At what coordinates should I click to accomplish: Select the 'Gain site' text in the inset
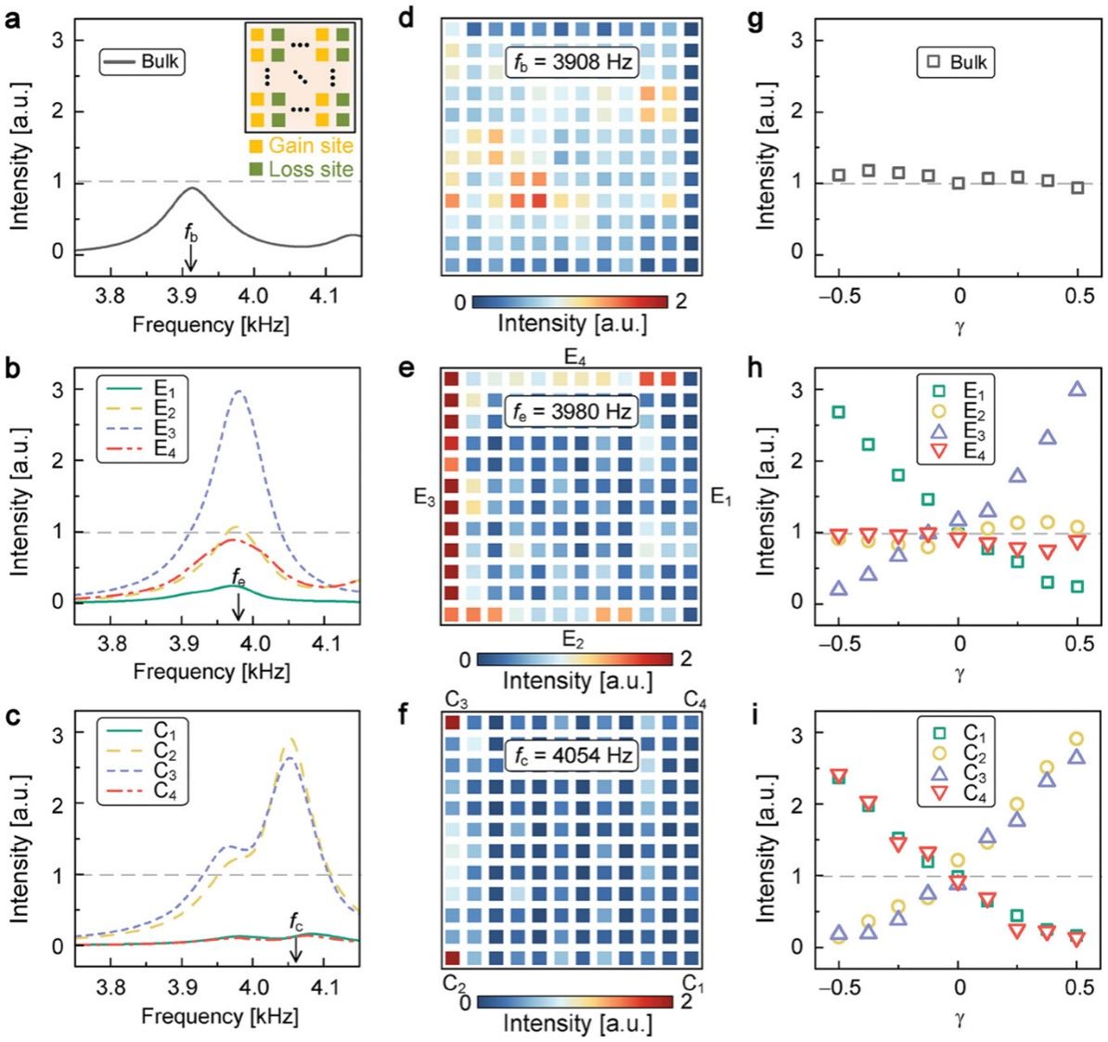[310, 146]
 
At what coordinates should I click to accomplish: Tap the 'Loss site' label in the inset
[310, 170]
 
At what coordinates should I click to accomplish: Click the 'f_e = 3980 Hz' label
[571, 410]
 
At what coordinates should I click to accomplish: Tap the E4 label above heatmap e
[573, 355]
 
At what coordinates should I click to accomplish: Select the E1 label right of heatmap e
[721, 497]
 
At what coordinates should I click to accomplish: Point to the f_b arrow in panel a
[190, 261]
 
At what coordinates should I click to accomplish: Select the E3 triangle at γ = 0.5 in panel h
[1076, 390]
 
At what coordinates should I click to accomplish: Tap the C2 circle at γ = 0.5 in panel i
[1076, 739]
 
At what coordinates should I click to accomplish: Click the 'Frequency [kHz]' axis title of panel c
[220, 1016]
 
